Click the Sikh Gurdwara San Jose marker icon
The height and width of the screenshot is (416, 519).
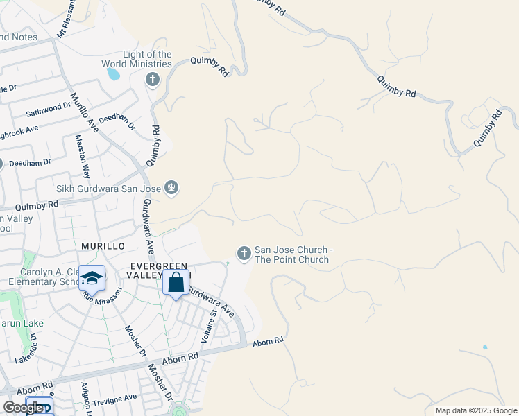(x=171, y=187)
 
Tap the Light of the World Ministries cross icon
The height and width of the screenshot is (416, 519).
(x=152, y=80)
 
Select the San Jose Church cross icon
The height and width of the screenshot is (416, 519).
(x=244, y=254)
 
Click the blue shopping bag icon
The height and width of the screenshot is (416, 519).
(x=176, y=282)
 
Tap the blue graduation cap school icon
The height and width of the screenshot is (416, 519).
(x=92, y=278)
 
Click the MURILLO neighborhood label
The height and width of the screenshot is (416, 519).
(x=102, y=246)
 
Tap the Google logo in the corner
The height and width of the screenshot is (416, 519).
(x=23, y=408)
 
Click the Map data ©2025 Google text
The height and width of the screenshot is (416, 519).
(x=475, y=410)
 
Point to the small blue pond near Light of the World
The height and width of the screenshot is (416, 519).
(x=114, y=73)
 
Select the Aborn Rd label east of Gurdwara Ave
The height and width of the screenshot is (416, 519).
(x=268, y=341)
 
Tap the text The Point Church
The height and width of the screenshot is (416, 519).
(x=291, y=260)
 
